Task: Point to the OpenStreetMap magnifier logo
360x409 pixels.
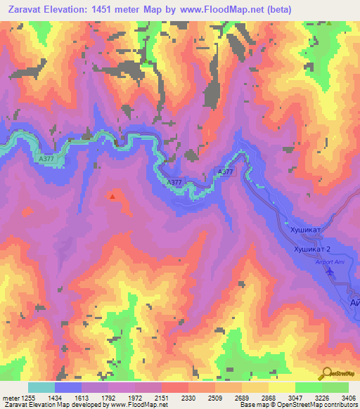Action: point(328,374)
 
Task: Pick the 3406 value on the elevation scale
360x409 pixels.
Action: point(348,398)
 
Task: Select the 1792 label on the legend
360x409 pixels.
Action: point(109,398)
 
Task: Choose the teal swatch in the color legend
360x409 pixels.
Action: point(41,387)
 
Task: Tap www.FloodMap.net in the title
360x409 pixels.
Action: point(207,10)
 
